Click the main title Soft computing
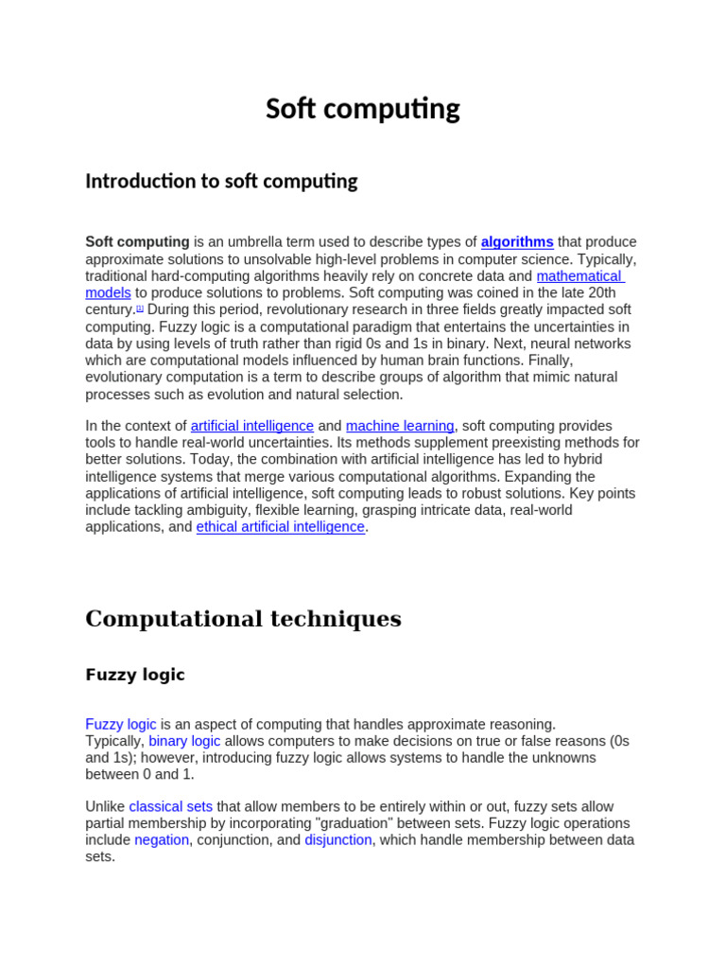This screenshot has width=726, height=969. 362,109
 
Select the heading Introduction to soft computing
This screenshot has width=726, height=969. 221,181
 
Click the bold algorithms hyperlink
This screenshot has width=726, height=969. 517,242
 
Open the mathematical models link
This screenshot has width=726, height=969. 579,276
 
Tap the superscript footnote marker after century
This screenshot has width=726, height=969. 140,308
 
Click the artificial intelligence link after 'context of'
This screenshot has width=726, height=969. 252,426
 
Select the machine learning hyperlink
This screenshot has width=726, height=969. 400,426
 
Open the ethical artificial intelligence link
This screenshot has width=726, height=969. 280,527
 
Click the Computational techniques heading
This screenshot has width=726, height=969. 243,619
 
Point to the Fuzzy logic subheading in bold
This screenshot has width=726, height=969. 135,675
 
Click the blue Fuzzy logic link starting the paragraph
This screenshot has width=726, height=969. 121,724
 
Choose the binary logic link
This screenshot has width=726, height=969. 184,741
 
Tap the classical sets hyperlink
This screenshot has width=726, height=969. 171,806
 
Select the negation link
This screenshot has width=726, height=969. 162,840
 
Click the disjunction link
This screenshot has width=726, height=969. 338,840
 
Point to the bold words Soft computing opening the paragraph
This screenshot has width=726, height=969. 137,242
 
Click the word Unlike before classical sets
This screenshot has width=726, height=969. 105,806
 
